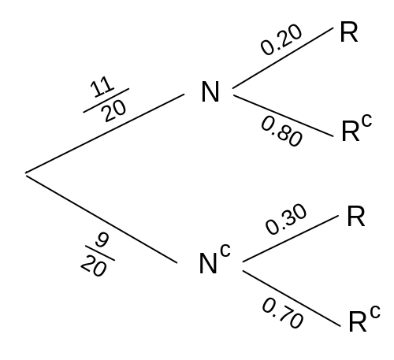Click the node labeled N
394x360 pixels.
tap(210, 91)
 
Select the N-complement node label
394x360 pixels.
tap(214, 259)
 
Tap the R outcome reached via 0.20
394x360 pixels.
tap(349, 32)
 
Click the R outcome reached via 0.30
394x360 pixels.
tap(356, 217)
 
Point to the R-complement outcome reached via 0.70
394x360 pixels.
tap(365, 319)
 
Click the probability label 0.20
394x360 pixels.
tap(281, 39)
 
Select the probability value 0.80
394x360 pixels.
tap(282, 132)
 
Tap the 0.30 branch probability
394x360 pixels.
tap(286, 219)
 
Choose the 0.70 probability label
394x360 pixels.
tap(283, 313)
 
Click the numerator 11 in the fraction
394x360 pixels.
tap(102, 87)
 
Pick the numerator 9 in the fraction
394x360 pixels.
tap(102, 240)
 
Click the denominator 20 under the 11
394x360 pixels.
tap(114, 112)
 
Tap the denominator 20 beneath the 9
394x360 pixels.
tap(94, 266)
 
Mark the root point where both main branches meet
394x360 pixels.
tap(26, 173)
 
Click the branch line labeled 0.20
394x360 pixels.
tap(283, 58)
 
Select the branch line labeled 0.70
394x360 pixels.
tap(292, 299)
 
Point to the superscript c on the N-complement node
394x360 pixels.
tap(225, 250)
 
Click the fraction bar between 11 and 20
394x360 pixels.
tap(106, 101)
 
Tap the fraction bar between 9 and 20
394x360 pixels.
tap(100, 253)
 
